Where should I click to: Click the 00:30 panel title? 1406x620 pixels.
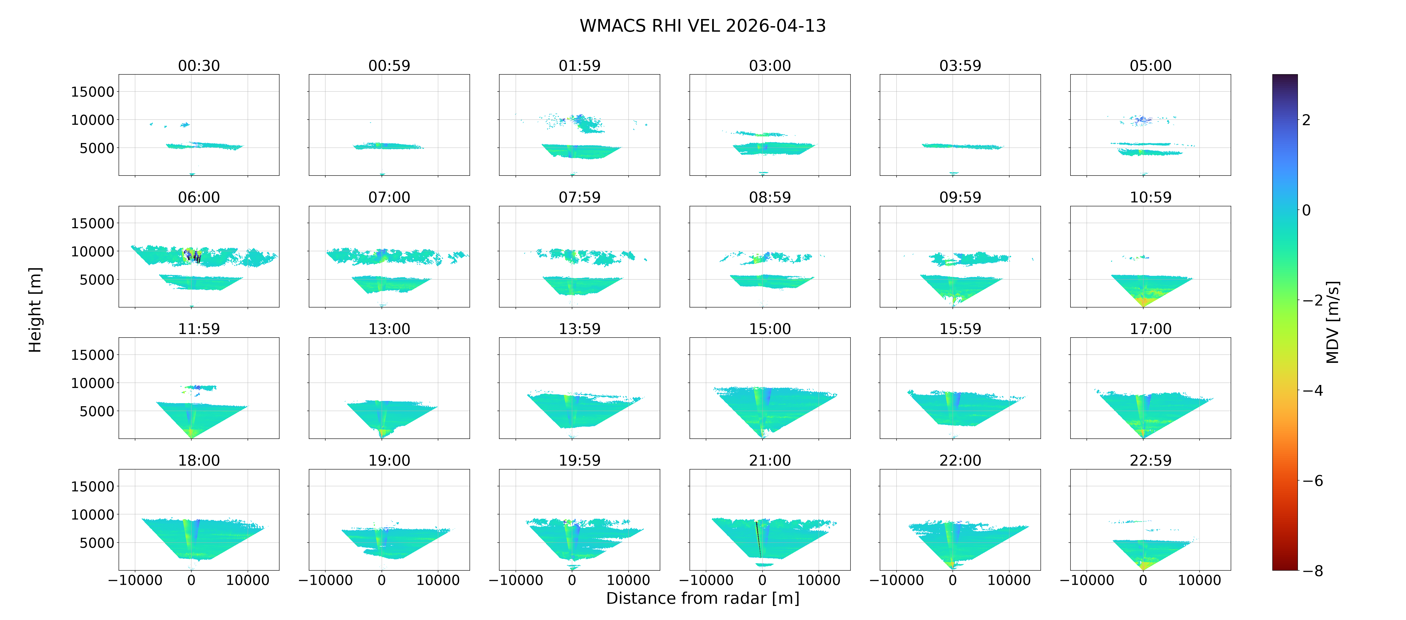tap(199, 66)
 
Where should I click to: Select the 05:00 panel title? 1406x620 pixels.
tap(1150, 66)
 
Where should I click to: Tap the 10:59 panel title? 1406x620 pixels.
tap(1150, 197)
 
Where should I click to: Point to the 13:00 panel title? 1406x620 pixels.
tap(389, 328)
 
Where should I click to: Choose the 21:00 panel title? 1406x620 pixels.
tap(770, 460)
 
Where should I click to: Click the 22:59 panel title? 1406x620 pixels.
tap(1150, 460)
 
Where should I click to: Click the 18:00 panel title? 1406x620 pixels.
tap(199, 460)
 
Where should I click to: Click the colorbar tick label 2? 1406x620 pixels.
tap(1306, 120)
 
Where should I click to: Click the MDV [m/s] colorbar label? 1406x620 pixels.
tap(1332, 322)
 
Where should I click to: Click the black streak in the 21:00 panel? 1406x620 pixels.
tap(758, 539)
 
